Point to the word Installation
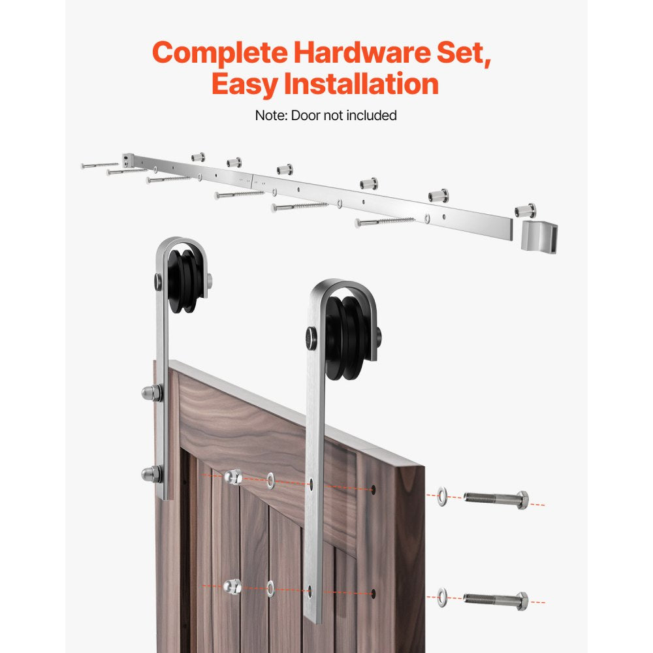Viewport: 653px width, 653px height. [x=366, y=85]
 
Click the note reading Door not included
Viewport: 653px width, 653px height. [x=326, y=116]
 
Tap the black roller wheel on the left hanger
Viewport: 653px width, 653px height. [x=182, y=278]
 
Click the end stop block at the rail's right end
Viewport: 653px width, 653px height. [x=539, y=233]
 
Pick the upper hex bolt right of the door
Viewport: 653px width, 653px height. [x=496, y=500]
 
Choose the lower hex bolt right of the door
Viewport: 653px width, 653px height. [x=496, y=599]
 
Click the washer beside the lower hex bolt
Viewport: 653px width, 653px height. [x=443, y=595]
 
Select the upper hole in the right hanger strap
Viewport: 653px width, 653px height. [x=311, y=485]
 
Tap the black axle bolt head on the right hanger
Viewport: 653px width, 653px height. [x=310, y=338]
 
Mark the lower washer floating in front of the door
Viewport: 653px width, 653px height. [x=270, y=589]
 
